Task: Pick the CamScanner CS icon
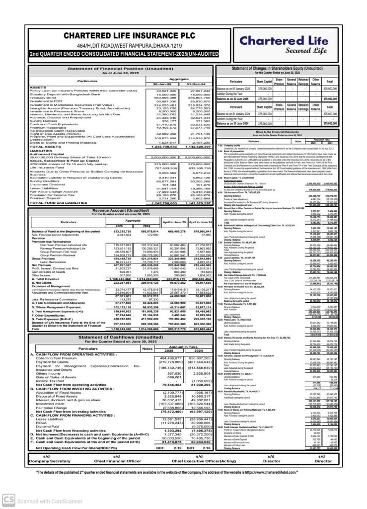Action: (x=8, y=499)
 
